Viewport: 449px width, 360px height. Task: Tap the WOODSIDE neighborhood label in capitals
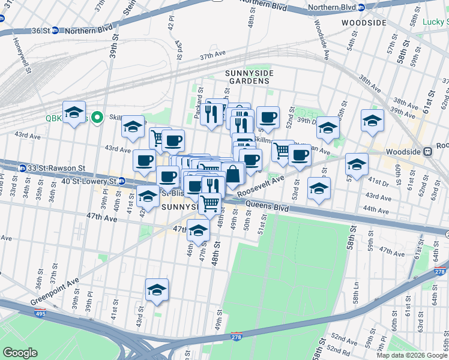coord(364,23)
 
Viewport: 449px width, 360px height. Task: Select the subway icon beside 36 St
coord(55,31)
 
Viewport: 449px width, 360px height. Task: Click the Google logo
coord(20,353)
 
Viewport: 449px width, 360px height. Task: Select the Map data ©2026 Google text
coord(412,355)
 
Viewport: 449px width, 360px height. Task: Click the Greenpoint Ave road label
coord(56,291)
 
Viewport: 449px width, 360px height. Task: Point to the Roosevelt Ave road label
coord(260,187)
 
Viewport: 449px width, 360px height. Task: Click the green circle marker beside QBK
coord(95,117)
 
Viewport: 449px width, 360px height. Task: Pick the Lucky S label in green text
coord(435,22)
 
